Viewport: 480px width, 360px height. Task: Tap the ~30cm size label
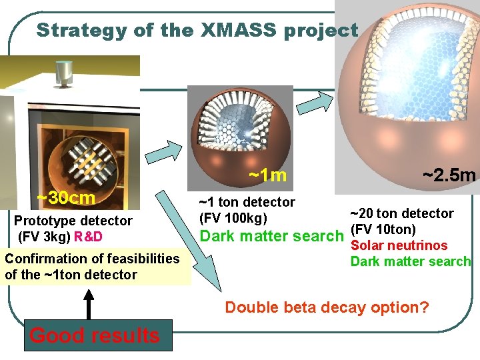pos(66,198)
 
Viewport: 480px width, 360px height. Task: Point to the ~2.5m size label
pos(449,175)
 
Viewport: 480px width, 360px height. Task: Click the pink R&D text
pos(89,236)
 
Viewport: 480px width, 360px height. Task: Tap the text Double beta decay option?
pos(327,307)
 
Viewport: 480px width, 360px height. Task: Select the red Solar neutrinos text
pos(399,246)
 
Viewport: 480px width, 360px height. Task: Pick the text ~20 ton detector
pos(402,213)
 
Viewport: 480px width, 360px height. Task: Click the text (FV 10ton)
pos(383,230)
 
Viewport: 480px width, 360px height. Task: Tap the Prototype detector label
pos(73,221)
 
